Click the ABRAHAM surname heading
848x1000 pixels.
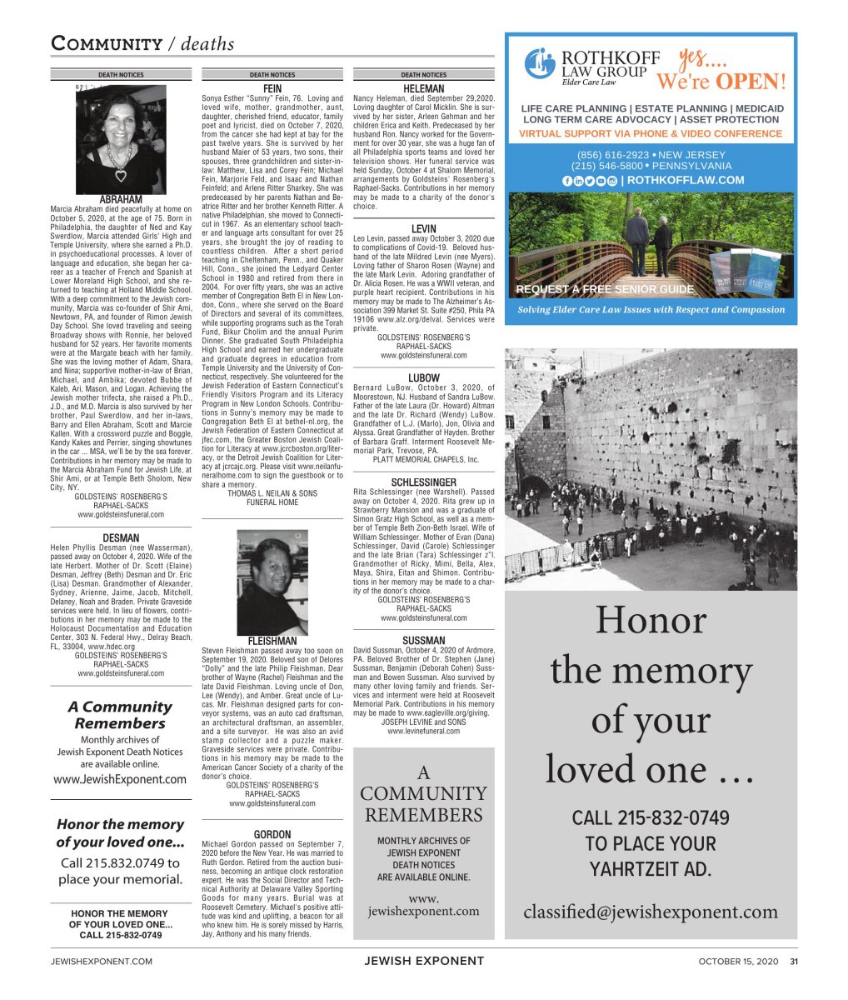coord(121,199)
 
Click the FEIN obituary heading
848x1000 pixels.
coord(272,87)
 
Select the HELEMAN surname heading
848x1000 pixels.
coord(423,88)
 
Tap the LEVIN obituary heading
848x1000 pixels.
coord(423,228)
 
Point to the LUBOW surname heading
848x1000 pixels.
coord(423,378)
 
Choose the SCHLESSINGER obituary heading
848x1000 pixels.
coord(423,482)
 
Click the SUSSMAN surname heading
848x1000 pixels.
coord(423,641)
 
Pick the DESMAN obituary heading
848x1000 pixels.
coord(121,538)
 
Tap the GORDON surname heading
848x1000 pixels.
coord(272,834)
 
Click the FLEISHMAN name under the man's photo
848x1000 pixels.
coord(272,641)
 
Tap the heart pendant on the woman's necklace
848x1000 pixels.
coord(121,175)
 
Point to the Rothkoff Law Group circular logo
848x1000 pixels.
coord(540,63)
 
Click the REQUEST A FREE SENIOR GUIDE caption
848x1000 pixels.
coord(605,289)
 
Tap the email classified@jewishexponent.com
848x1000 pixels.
coord(651,912)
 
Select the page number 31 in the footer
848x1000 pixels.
coord(794,962)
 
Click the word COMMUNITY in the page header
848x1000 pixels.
coord(107,44)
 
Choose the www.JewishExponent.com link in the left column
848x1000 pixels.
coord(120,779)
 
